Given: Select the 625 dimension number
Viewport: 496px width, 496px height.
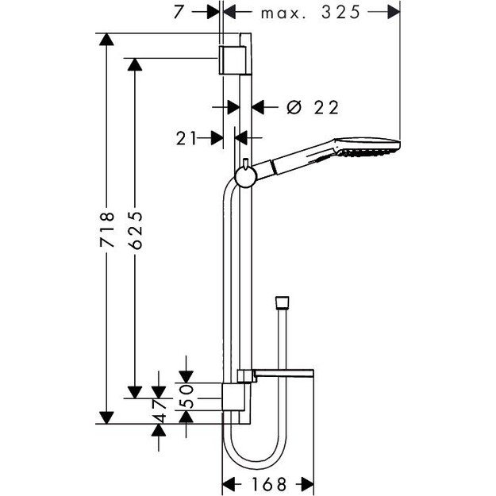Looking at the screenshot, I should coord(136,231).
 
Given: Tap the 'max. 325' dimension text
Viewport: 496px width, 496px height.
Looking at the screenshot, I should coord(311,13).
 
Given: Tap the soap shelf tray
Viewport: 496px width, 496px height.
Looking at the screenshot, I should coord(282,375).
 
